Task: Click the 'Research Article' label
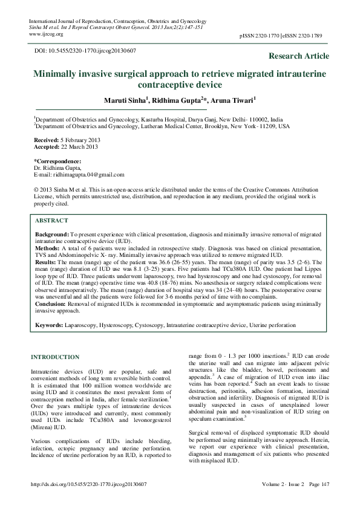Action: (299, 56)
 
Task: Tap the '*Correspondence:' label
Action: (57, 161)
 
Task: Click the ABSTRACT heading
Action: (51, 221)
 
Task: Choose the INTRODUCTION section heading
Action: (55, 357)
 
